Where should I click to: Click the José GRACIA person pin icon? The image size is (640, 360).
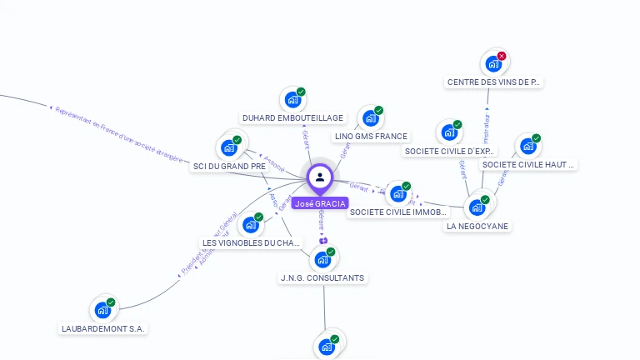pos(320,177)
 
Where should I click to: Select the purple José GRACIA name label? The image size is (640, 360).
pos(320,203)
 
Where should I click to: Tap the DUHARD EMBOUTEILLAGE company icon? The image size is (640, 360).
pos(292,100)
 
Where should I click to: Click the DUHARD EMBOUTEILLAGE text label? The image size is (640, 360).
pos(292,118)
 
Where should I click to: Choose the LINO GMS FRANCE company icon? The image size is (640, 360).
pos(369,118)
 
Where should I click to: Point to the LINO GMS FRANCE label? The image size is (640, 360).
pos(371,137)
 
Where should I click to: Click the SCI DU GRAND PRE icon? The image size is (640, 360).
pos(228,148)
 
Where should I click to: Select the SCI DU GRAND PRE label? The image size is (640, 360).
pos(229,167)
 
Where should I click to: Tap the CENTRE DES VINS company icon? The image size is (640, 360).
pos(493,63)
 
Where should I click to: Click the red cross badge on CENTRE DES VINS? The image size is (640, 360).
pos(502,56)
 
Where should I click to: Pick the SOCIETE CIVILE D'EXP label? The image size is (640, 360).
pos(449,152)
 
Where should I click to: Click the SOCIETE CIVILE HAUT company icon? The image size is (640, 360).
pos(527,147)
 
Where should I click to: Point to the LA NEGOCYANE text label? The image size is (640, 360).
pos(477,226)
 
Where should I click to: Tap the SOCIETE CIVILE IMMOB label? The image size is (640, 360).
pos(398,212)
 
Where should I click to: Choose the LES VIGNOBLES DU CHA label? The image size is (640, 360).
pos(251,243)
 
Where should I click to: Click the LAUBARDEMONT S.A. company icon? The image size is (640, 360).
pos(102,310)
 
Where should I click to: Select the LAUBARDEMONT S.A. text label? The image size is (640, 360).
pos(103,328)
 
